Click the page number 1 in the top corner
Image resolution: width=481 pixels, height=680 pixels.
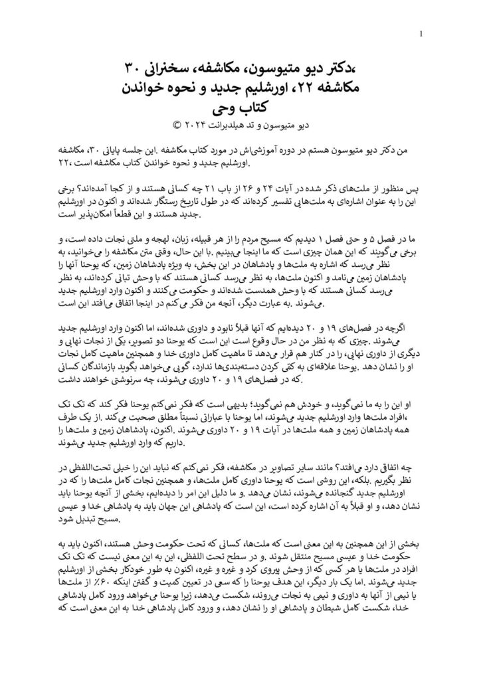click(x=423, y=35)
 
